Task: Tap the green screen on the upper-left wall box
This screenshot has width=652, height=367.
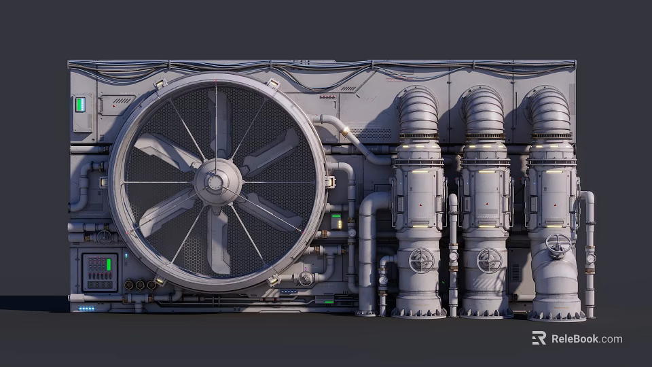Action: pyautogui.click(x=80, y=105)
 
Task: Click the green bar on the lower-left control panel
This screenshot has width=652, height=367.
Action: pyautogui.click(x=109, y=264)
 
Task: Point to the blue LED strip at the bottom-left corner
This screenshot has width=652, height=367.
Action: pyautogui.click(x=86, y=309)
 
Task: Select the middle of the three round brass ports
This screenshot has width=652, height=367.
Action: pyautogui.click(x=140, y=285)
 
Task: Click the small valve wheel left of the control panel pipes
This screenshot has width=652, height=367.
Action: pyautogui.click(x=104, y=238)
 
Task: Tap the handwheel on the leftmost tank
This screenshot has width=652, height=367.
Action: pyautogui.click(x=421, y=260)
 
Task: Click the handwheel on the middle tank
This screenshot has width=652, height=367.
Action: pyautogui.click(x=490, y=261)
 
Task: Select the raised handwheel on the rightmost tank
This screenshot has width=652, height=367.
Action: pyautogui.click(x=558, y=245)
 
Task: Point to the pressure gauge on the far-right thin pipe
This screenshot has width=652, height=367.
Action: pyautogui.click(x=591, y=259)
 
